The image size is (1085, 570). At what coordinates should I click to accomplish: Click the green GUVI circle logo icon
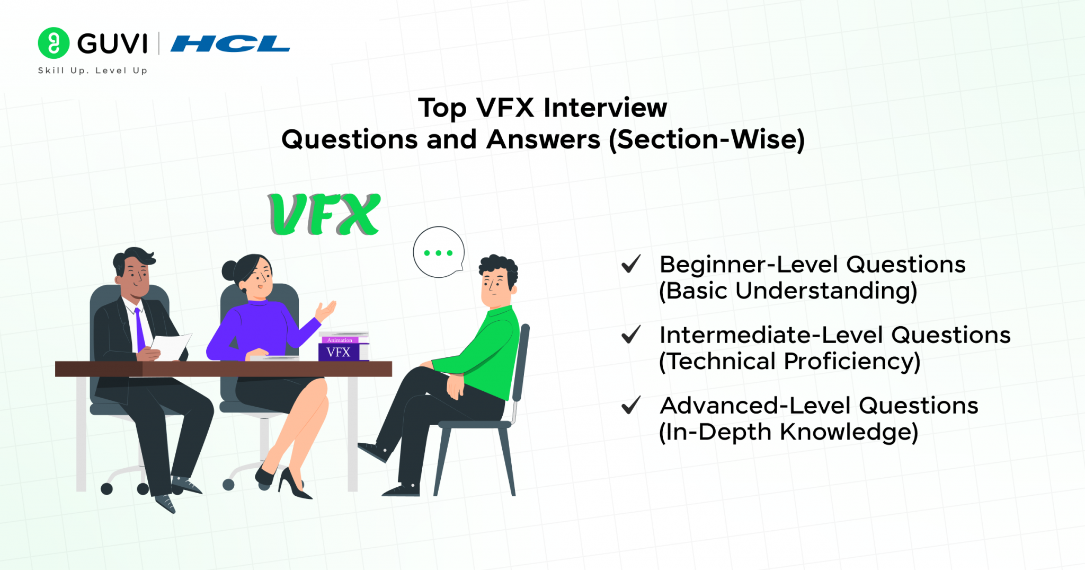pos(54,43)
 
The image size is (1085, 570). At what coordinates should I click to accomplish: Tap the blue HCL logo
pos(230,44)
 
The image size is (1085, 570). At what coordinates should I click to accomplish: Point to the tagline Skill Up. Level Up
pos(93,71)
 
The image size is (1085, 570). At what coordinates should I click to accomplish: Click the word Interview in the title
pos(605,108)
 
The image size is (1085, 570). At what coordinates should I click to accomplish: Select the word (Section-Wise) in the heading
pos(707,140)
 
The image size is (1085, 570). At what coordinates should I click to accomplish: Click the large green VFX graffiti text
pos(325,215)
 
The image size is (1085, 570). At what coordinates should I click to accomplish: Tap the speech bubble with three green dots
pos(439,252)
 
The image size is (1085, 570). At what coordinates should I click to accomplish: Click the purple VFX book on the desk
pos(339,352)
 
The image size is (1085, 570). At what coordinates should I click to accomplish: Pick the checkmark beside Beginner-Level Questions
pos(631,264)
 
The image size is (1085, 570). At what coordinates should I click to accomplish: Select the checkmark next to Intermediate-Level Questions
pos(631,335)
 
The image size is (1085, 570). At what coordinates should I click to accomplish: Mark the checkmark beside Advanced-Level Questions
pos(631,405)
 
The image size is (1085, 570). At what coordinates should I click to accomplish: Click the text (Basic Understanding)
pos(788,291)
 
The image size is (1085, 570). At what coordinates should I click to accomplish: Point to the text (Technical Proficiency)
pos(789,362)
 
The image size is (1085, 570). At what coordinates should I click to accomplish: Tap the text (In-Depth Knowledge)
pos(788,433)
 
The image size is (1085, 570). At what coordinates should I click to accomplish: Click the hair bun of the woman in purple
pos(230,270)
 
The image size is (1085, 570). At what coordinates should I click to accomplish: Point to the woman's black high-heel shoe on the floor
pos(293,485)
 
